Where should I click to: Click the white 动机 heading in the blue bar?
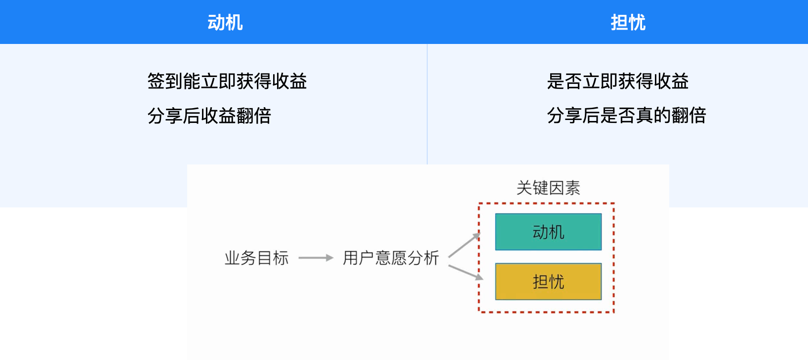(225, 23)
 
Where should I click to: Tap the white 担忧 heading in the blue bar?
(628, 23)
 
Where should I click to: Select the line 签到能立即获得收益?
(227, 81)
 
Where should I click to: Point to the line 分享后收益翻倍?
(209, 116)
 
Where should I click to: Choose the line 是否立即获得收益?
(617, 81)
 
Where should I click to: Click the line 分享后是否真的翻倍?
(626, 116)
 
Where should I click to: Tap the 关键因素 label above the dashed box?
(548, 188)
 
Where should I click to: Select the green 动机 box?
(548, 232)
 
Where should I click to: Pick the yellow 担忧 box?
(548, 281)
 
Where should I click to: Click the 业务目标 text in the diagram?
(256, 258)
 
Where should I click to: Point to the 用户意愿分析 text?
(391, 258)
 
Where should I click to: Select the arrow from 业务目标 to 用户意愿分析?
(316, 258)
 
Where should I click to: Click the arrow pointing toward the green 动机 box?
(464, 245)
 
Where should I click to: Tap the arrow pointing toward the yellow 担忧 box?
(465, 273)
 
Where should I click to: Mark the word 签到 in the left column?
(165, 81)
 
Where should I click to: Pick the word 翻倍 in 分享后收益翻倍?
(253, 116)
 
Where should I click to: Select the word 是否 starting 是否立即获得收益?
(565, 81)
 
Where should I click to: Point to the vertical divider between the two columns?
(427, 104)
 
